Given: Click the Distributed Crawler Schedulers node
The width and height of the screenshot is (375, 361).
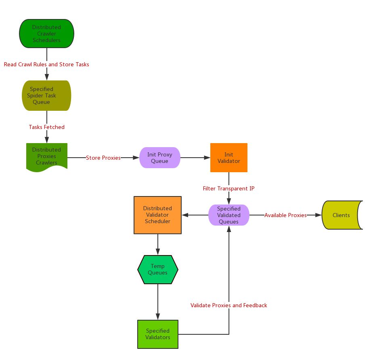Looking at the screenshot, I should click(46, 34).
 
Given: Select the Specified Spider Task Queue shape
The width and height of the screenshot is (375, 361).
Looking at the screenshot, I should click(46, 95).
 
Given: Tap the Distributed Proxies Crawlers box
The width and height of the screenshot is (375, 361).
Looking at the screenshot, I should click(46, 156).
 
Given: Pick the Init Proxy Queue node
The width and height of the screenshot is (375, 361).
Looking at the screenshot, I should click(159, 158).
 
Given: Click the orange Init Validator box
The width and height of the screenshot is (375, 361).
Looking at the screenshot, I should click(229, 158).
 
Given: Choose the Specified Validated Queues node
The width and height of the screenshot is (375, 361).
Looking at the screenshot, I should click(229, 215).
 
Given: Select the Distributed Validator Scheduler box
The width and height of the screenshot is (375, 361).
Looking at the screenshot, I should click(157, 215).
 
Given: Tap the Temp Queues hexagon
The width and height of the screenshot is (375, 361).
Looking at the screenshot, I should click(157, 269).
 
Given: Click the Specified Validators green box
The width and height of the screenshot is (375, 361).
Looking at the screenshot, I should click(158, 334).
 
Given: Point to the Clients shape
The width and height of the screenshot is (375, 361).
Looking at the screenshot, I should click(341, 215).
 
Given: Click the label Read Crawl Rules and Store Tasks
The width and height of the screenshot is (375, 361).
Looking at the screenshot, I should click(46, 64).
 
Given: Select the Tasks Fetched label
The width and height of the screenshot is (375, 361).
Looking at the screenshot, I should click(46, 127).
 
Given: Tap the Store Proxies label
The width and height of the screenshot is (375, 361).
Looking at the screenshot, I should click(103, 158).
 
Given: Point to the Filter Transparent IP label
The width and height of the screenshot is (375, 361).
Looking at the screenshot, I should click(229, 188).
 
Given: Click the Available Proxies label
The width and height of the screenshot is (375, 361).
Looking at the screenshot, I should click(285, 215).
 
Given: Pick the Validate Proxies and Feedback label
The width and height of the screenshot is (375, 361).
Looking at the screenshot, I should click(229, 305).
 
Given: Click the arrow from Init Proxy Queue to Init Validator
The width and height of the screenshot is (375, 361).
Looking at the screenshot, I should click(195, 158).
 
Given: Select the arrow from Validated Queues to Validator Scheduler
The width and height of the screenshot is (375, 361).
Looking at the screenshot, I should click(195, 215).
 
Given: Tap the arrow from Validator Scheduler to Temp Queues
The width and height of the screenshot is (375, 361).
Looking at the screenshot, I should click(157, 244).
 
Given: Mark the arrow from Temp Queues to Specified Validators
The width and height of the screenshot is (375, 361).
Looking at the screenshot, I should click(157, 302).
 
